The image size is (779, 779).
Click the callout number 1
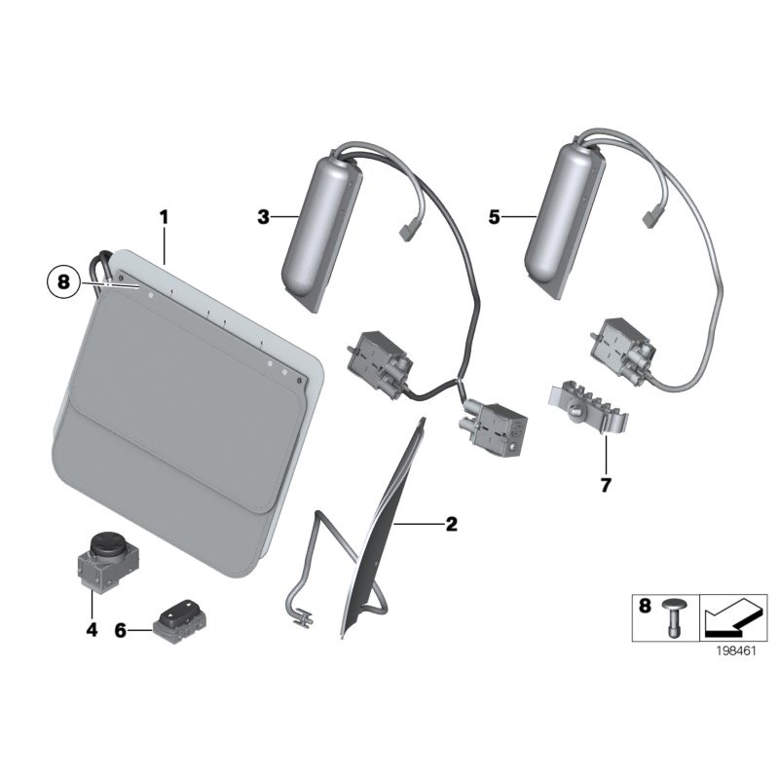tap(164, 217)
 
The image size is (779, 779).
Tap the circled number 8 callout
tap(63, 282)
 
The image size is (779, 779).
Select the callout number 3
tap(263, 217)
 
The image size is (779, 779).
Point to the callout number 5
tap(494, 217)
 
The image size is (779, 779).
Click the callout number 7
tap(606, 485)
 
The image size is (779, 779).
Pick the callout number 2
tap(451, 524)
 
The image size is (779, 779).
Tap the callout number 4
tap(92, 630)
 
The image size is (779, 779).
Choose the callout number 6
tap(121, 631)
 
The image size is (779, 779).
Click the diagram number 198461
tap(736, 650)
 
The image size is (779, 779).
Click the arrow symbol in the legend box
tap(733, 618)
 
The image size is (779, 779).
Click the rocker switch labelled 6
tap(179, 617)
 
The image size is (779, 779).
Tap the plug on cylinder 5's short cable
tap(650, 217)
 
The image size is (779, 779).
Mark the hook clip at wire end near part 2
tap(303, 616)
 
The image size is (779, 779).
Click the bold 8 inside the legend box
tap(644, 606)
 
